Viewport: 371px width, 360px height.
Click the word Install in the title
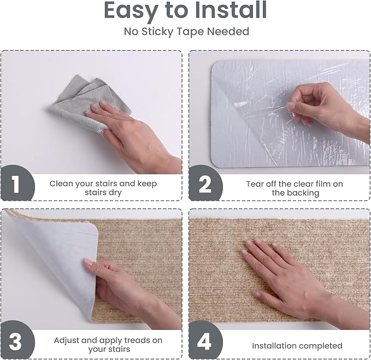[231, 10]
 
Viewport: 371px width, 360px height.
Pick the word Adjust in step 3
[66, 341]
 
